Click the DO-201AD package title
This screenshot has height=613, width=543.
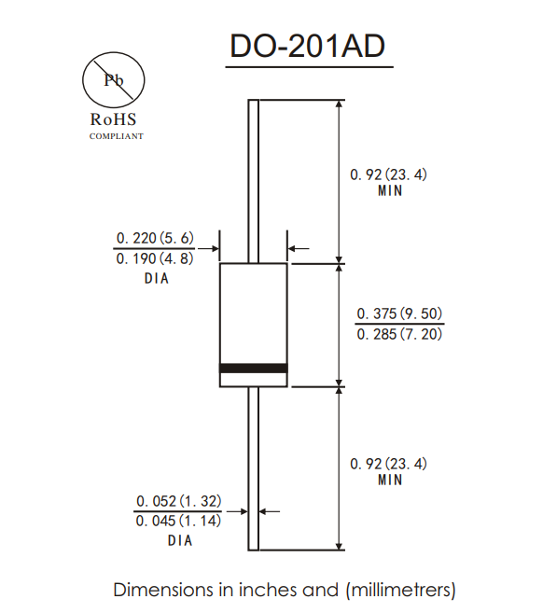coord(307,47)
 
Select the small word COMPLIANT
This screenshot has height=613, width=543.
coord(116,136)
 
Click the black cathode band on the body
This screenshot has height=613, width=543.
coord(253,369)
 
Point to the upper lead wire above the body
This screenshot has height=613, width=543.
coord(253,177)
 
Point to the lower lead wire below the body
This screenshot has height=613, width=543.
coord(253,467)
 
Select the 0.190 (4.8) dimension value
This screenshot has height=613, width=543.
coord(155,258)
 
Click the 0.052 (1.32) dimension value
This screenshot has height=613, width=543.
coord(178,501)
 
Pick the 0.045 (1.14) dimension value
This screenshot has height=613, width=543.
coord(178,522)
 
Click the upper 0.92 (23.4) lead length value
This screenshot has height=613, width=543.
coord(389,174)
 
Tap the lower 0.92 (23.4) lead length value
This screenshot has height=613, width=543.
coord(389,464)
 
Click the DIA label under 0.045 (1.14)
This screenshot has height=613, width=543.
coord(180,541)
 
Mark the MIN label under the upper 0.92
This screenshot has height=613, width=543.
coord(390,191)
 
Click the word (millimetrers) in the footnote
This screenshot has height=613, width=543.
coord(400,590)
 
